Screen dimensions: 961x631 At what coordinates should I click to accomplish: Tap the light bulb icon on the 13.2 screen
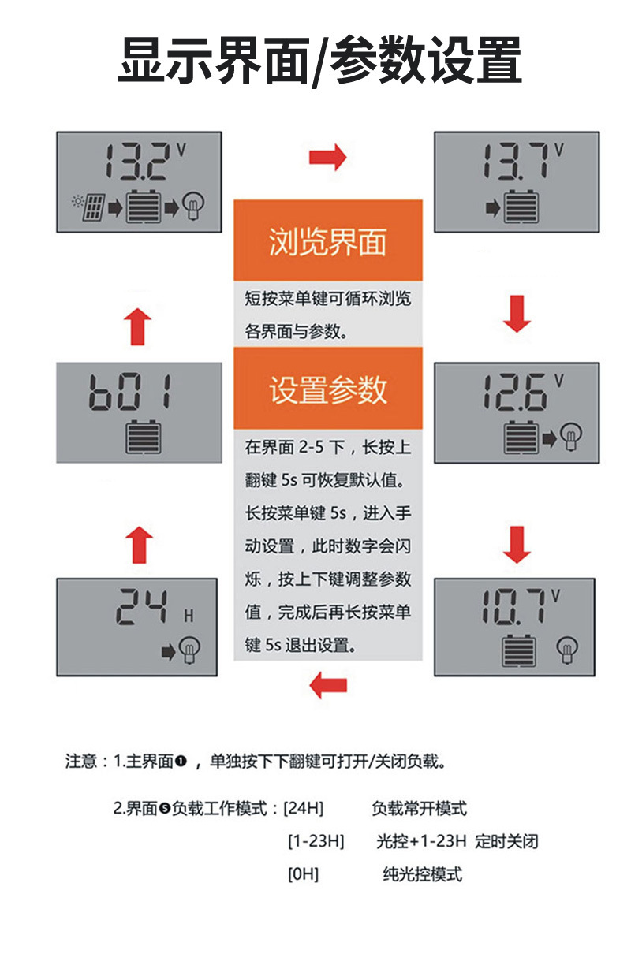193,207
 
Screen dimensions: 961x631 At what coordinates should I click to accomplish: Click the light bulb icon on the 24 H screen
189,650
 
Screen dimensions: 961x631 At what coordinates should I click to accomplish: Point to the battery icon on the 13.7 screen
521,208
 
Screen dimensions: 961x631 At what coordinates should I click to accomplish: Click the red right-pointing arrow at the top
327,158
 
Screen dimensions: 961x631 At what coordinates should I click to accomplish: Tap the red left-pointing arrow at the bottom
328,684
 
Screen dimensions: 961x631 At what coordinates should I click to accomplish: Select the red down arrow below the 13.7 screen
517,315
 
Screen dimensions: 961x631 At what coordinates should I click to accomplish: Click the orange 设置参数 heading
327,389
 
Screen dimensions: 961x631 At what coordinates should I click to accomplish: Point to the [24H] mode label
304,808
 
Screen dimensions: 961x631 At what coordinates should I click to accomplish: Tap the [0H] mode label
303,873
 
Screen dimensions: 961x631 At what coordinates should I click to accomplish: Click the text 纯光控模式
422,873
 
